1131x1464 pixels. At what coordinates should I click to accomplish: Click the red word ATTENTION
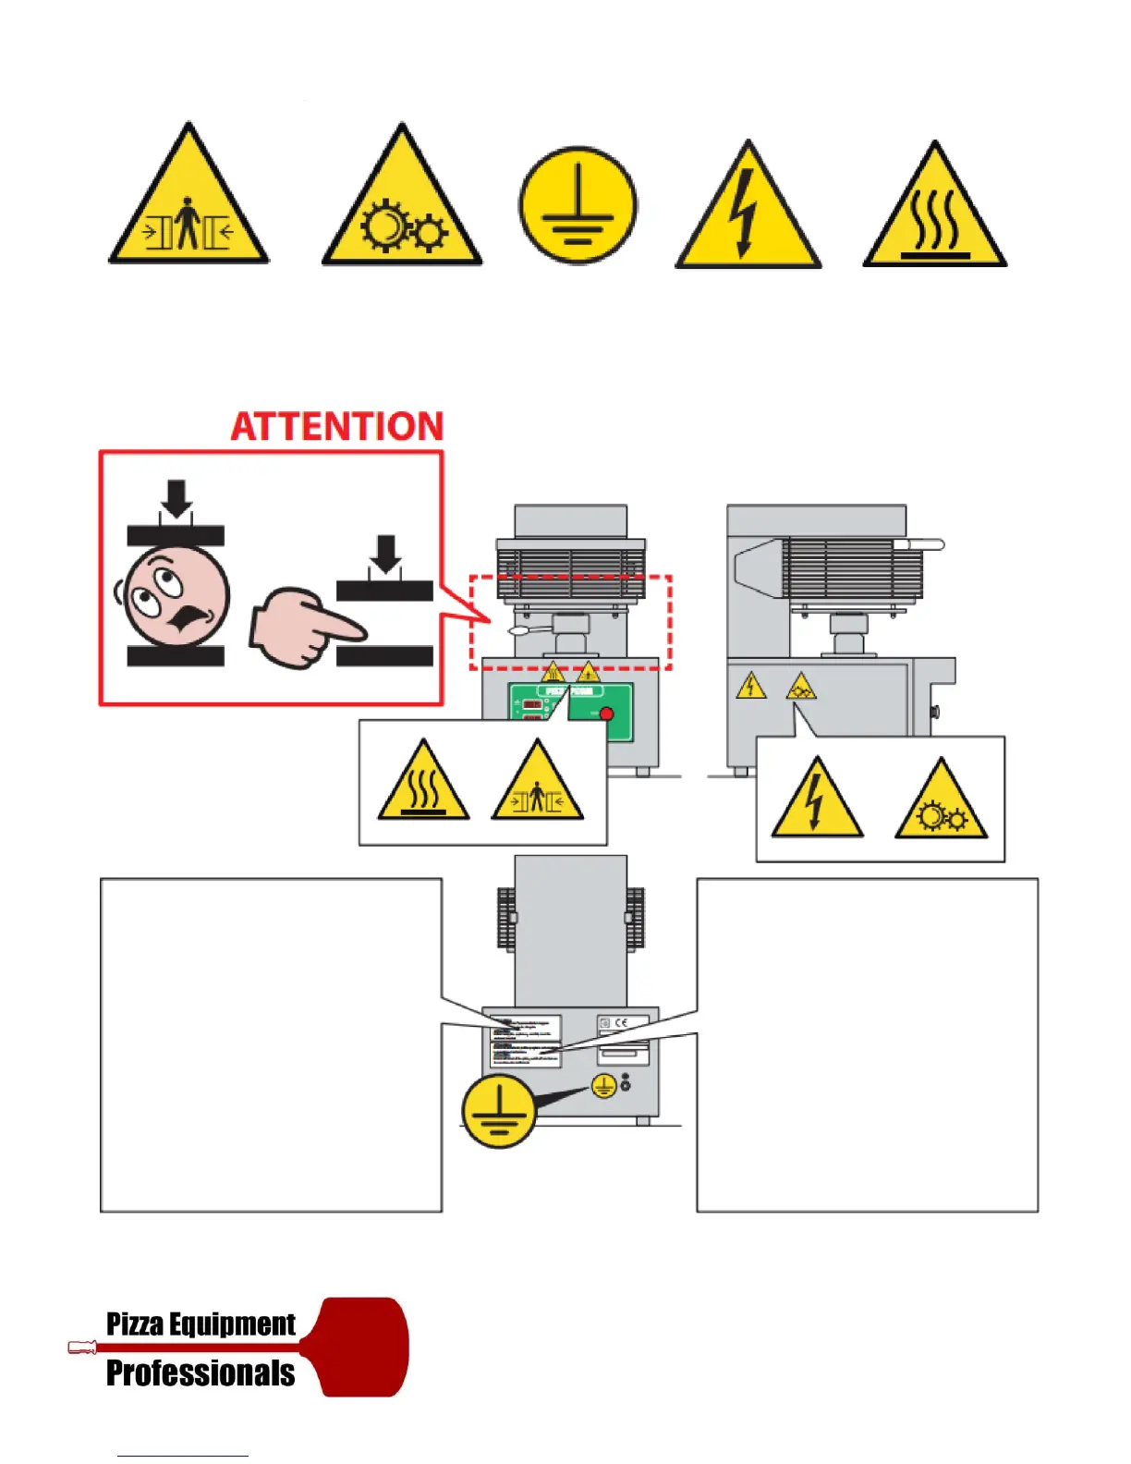[337, 427]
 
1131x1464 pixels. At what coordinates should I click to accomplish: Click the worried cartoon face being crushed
[176, 596]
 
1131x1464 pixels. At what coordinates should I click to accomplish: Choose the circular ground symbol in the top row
[578, 206]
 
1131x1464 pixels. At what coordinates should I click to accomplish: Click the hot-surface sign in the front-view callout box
[423, 784]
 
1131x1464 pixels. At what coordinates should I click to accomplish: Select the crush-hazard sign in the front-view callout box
[537, 784]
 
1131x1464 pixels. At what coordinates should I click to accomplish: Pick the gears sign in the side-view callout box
[941, 802]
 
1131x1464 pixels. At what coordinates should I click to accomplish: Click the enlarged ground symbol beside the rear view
[499, 1110]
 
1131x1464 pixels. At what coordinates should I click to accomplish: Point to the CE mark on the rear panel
[622, 1022]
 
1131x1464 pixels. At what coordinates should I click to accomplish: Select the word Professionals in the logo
[201, 1373]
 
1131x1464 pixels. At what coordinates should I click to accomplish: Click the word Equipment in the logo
[232, 1324]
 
